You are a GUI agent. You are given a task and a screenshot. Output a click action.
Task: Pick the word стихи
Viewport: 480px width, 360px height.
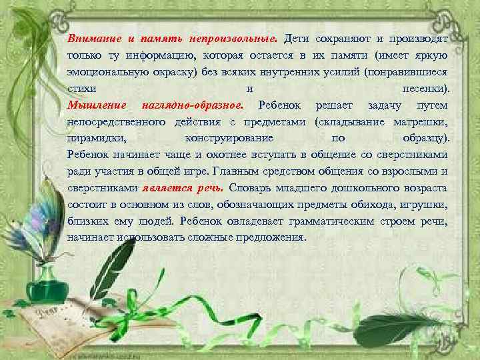point(81,88)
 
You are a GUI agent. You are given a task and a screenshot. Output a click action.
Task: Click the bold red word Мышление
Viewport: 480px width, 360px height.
point(95,105)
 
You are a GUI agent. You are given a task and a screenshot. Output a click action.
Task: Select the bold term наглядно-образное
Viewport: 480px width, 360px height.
point(189,105)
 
